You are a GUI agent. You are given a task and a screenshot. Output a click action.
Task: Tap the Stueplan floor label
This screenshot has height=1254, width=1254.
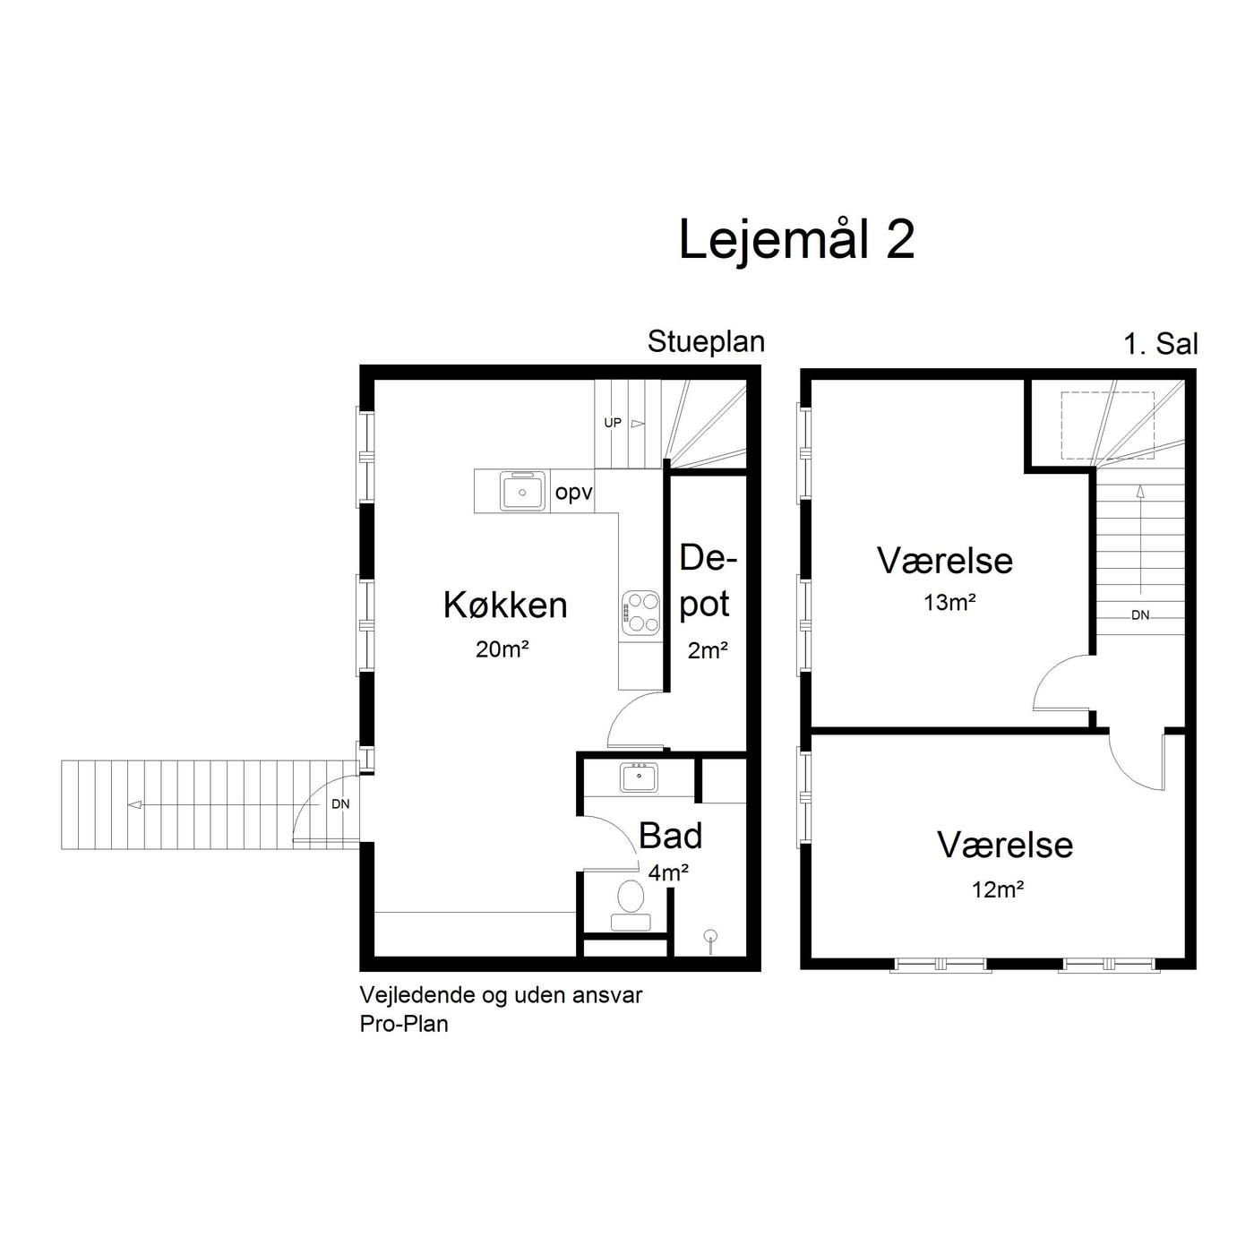coord(706,343)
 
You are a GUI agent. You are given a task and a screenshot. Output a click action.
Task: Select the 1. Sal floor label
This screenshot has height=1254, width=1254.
coord(1161,344)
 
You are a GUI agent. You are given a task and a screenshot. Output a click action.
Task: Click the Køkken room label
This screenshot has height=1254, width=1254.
coord(506,605)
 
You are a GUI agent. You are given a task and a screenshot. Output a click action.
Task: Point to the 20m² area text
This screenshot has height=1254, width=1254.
coord(502,648)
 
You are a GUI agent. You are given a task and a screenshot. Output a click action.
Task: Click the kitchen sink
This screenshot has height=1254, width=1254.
coord(522,492)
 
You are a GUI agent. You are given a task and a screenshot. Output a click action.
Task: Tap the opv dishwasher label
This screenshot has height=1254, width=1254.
coord(573,494)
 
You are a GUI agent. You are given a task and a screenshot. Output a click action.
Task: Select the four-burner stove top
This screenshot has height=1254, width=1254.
coord(640,613)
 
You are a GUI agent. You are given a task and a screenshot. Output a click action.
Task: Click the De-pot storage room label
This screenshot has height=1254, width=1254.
coord(707,581)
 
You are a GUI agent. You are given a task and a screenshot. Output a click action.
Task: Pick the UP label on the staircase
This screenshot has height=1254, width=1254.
coord(613,423)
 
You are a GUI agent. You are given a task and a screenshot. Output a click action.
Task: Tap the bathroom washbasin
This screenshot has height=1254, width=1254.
coord(639,777)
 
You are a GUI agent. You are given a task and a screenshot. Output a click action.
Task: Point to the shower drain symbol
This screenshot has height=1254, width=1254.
coord(711,936)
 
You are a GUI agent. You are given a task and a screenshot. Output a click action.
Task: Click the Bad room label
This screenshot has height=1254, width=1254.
coord(670,837)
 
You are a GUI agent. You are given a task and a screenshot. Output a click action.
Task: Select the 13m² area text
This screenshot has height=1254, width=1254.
coord(949,603)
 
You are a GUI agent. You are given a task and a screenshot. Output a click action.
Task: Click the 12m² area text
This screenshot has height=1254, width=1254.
coord(998,889)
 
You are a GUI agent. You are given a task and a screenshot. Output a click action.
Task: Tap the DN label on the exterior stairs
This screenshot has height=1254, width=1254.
coord(340,804)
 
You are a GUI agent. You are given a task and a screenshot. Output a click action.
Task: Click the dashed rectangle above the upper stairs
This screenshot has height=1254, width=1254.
coord(1108,425)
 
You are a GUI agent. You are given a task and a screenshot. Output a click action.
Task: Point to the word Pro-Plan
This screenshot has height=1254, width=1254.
coord(404,1025)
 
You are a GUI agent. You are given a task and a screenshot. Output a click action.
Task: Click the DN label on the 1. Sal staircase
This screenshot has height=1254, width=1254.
coord(1140,615)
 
